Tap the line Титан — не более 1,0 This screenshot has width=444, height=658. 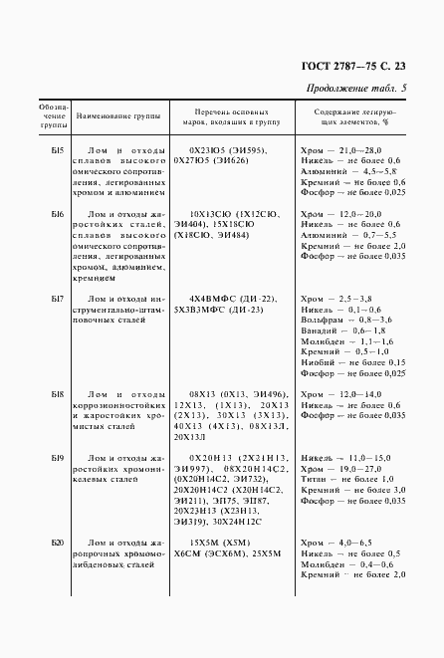[x=347, y=480]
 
